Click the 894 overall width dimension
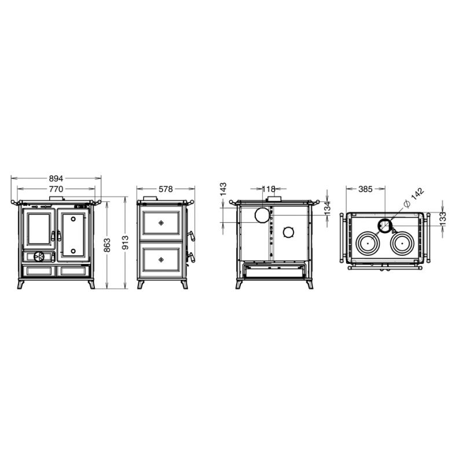56,178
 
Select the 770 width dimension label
56,189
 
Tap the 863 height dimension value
107,245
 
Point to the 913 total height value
125,242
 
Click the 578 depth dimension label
166,189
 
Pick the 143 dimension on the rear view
223,189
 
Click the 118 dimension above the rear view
269,189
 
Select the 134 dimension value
327,208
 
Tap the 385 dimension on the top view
365,189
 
